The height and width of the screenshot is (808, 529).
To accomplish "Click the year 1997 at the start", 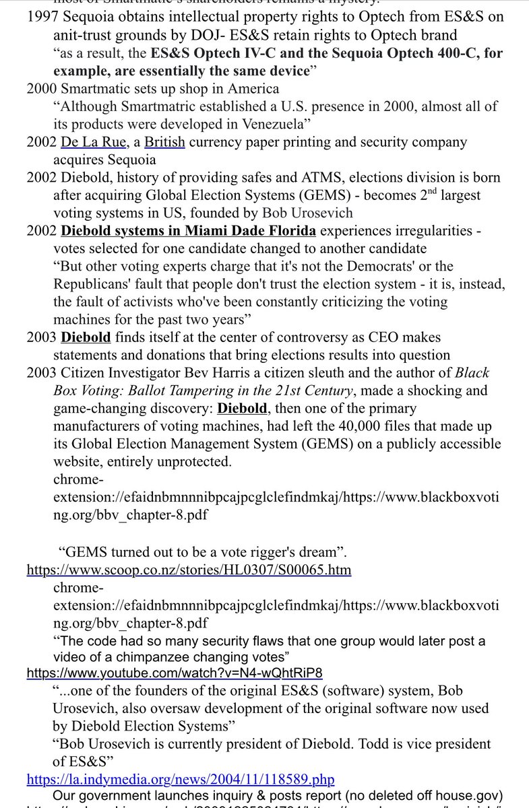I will click(x=41, y=17).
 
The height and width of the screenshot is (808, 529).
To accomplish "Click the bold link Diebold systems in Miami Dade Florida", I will click(x=188, y=231).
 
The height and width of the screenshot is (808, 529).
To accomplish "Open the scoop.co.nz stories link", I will click(x=189, y=570).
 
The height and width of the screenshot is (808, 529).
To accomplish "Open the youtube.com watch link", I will click(x=175, y=672).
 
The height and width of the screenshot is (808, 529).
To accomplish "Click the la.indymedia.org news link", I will click(x=180, y=780).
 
